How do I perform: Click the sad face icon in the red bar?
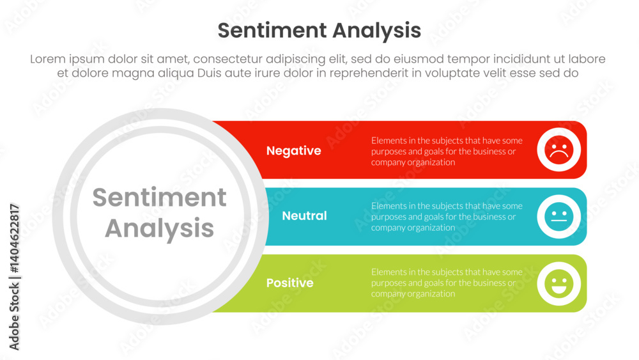coord(559,150)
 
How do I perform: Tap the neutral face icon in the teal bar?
coord(559,216)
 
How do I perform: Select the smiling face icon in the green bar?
coord(559,283)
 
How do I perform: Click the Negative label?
coord(293,151)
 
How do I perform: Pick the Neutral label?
coord(304,216)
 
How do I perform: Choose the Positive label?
coord(289,283)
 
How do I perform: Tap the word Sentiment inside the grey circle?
coord(159,198)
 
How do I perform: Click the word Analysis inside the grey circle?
coord(159,228)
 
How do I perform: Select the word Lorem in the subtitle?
coord(49,59)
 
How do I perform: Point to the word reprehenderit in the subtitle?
coord(362,73)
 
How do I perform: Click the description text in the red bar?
coord(447,152)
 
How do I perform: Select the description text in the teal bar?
coord(447,217)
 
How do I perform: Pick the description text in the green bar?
coord(447,283)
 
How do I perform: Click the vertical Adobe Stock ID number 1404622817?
coord(15,239)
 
